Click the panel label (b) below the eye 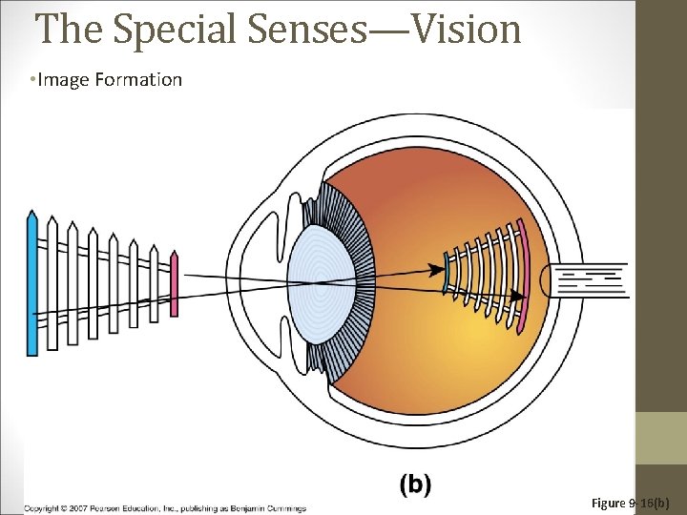415,484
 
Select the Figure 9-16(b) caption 631,502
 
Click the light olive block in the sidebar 661,438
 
